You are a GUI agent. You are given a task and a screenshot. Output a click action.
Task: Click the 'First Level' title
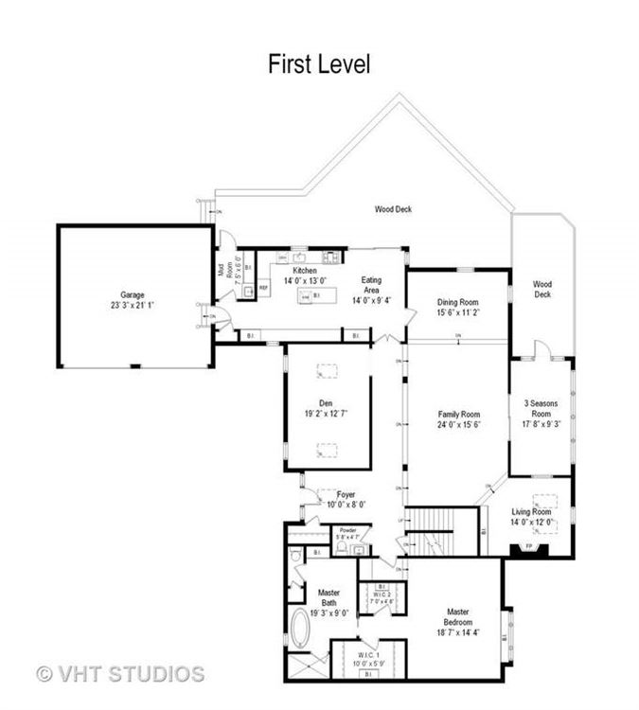(318, 64)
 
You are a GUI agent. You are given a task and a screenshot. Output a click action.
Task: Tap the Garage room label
(132, 294)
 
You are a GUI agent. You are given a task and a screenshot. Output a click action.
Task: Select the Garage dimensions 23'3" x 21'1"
(132, 306)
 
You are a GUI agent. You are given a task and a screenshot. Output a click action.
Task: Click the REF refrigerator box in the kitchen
(263, 285)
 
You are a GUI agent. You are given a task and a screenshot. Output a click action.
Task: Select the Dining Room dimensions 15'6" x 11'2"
(458, 312)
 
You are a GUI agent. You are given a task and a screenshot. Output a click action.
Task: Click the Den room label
(332, 401)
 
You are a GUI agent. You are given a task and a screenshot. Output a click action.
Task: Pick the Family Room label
(458, 415)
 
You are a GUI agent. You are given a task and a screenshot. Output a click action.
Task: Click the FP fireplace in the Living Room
(529, 547)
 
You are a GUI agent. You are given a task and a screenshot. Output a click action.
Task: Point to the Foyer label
(346, 494)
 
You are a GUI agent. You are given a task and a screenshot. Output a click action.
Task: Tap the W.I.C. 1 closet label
(368, 656)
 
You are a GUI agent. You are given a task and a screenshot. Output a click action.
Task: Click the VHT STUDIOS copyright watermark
(120, 674)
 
